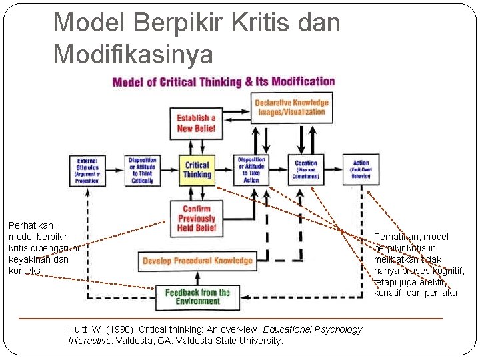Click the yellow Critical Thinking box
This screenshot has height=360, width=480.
[197, 170]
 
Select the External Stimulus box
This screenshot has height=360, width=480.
[87, 170]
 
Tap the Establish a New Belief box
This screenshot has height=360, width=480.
[196, 123]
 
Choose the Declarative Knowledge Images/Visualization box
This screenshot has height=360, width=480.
[292, 107]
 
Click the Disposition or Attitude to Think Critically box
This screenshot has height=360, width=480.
[143, 170]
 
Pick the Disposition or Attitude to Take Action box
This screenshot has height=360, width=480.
[251, 170]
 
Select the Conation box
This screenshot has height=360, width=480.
[306, 170]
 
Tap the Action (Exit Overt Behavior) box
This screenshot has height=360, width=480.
[361, 170]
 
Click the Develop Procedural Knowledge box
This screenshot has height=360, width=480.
[197, 261]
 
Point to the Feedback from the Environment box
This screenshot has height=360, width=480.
[197, 297]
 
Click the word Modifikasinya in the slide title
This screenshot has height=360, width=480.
[133, 53]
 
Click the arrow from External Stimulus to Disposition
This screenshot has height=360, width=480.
[115, 170]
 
